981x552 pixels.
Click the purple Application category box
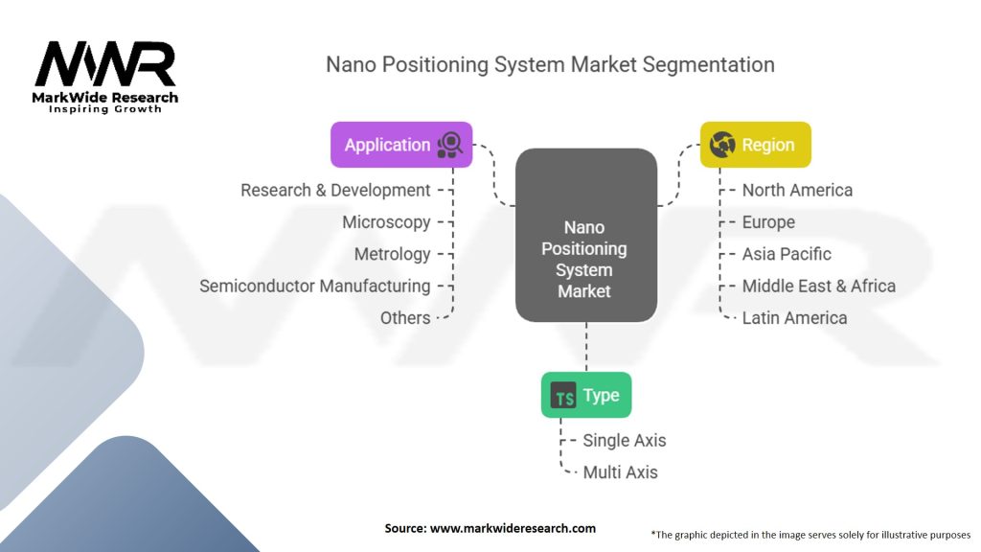(x=401, y=145)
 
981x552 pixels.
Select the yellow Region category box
(x=755, y=145)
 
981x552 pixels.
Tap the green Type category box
(x=585, y=395)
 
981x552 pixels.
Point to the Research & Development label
(x=335, y=190)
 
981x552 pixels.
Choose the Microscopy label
(x=386, y=221)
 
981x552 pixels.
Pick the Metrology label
(x=392, y=254)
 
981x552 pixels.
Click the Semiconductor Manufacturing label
(x=314, y=286)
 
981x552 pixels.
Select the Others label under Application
(x=405, y=317)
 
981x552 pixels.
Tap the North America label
(x=797, y=190)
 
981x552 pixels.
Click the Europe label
(x=768, y=221)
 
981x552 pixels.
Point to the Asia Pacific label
(x=787, y=254)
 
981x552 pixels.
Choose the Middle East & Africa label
(x=818, y=286)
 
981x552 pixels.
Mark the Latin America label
(x=794, y=317)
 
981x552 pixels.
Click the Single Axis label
(x=624, y=440)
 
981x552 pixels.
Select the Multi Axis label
(x=620, y=471)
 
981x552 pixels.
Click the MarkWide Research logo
(x=105, y=74)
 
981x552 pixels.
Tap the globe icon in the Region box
(x=724, y=146)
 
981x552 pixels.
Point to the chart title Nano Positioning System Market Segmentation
(x=550, y=64)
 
